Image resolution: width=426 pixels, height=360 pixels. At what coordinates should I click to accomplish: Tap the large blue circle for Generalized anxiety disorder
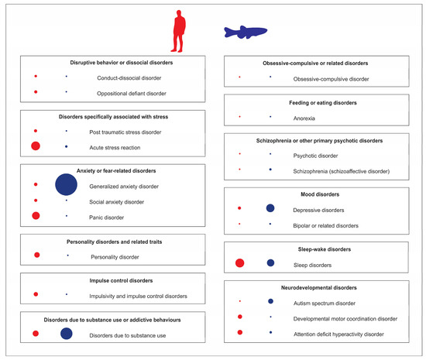(x=67, y=184)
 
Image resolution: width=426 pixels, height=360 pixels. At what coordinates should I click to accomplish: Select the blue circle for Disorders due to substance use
(x=67, y=334)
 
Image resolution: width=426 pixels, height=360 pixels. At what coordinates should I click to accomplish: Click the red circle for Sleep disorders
(x=240, y=264)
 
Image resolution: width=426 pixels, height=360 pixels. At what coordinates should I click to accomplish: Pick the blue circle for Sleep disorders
(x=270, y=264)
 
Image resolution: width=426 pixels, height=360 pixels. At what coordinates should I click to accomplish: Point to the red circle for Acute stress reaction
(x=36, y=146)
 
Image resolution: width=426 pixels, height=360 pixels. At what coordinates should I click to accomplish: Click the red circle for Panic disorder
(x=36, y=215)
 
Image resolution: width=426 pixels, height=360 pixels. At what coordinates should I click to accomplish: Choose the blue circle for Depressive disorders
(x=270, y=208)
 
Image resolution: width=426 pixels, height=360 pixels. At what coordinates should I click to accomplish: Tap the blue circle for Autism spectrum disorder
(x=270, y=301)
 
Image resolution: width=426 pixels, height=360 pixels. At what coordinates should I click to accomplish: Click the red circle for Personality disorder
(x=36, y=255)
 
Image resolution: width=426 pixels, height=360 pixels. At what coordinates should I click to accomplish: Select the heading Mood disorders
(x=315, y=193)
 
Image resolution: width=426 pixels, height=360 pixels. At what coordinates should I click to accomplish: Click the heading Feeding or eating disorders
(x=315, y=101)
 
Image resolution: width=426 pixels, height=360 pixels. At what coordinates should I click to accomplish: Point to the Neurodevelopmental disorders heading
(x=315, y=286)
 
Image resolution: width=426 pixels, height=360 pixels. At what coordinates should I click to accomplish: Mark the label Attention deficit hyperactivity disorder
(x=338, y=333)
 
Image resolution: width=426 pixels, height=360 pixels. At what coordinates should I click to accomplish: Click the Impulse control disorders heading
(x=108, y=279)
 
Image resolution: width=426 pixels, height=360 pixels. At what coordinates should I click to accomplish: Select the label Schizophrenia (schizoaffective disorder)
(x=342, y=170)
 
